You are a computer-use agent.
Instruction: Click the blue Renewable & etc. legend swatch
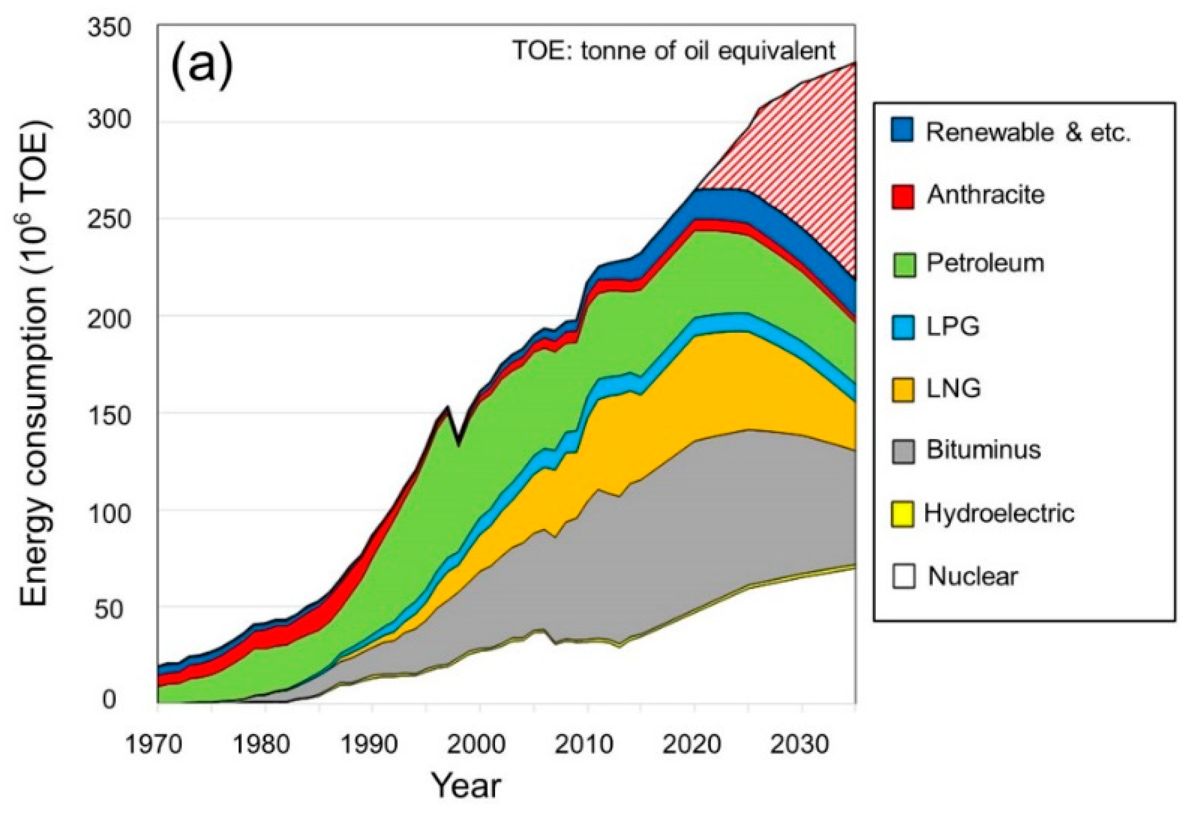coord(902,129)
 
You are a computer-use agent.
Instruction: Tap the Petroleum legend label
coord(985,263)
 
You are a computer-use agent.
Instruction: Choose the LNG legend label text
coord(953,389)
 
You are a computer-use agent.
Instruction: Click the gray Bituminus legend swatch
coord(903,451)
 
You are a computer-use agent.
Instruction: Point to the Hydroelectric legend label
coord(998,513)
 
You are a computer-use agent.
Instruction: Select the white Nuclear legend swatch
coord(903,576)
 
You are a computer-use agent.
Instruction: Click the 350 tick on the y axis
coord(109,27)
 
